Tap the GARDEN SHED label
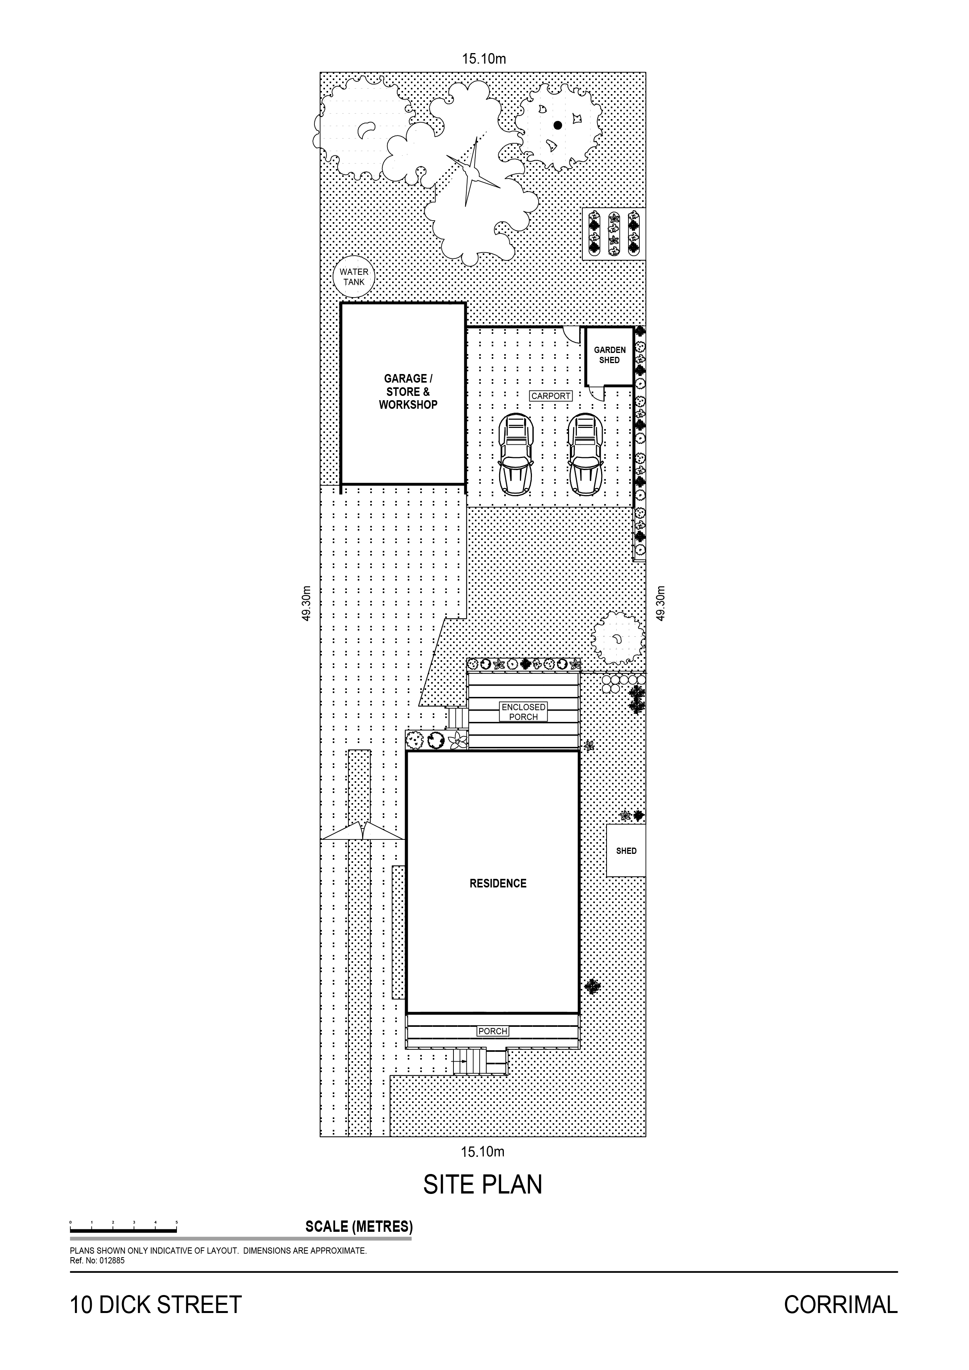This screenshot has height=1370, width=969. [x=610, y=355]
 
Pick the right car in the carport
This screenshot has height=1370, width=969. [x=585, y=454]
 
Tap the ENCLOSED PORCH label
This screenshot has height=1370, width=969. [x=524, y=712]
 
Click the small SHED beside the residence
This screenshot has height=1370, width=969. [x=626, y=851]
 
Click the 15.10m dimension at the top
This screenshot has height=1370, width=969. [x=484, y=59]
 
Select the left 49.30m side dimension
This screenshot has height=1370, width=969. [x=306, y=603]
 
